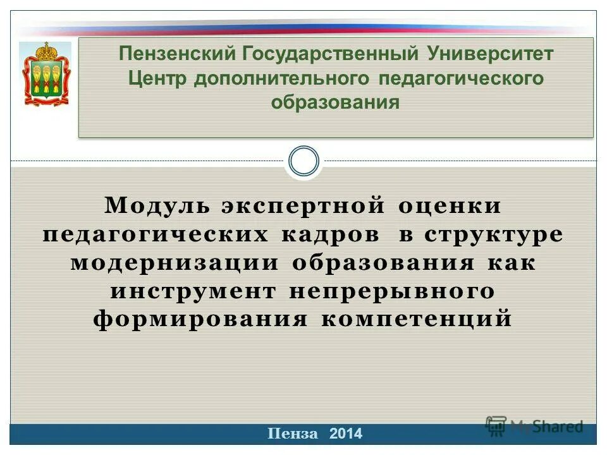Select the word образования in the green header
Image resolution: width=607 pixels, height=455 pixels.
point(335,102)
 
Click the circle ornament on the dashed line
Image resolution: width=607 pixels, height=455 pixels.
point(303,162)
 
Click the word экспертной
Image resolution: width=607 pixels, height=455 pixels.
point(303,205)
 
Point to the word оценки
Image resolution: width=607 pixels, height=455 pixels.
point(450,205)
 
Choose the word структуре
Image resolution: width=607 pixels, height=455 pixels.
point(493,234)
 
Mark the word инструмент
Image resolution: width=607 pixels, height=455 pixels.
point(193,291)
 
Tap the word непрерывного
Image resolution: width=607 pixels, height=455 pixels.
point(392,291)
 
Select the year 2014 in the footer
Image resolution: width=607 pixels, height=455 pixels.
point(346,434)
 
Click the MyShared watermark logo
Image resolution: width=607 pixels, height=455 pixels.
point(534,426)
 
